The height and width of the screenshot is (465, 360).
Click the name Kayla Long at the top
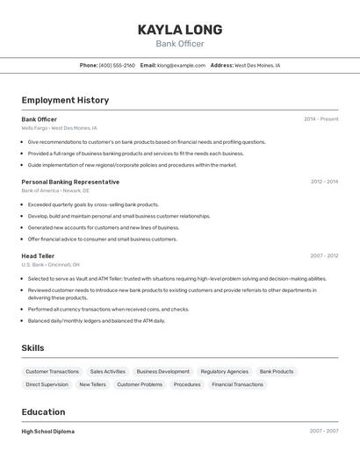180,30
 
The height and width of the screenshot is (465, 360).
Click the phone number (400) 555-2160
117,65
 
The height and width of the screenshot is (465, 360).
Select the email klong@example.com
181,65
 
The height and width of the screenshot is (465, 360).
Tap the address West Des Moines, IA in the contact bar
257,65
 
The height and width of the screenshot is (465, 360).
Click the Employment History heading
65,100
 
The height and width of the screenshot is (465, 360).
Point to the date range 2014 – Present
320,119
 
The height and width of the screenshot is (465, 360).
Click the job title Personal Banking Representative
70,182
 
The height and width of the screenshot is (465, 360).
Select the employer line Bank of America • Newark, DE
55,190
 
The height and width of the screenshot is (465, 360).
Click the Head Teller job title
38,256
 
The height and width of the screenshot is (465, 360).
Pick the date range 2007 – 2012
324,256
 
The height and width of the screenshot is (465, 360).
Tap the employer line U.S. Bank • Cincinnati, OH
50,265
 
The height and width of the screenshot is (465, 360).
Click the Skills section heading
32,348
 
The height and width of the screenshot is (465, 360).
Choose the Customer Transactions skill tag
52,371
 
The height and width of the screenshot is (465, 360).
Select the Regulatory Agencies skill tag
224,371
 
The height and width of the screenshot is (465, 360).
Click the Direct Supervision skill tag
47,384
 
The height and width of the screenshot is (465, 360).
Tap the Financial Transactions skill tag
237,384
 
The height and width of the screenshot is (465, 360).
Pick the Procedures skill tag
187,384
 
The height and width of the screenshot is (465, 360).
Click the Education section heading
43,411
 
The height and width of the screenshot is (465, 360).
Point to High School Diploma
47,432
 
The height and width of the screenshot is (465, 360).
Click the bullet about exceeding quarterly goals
93,204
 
